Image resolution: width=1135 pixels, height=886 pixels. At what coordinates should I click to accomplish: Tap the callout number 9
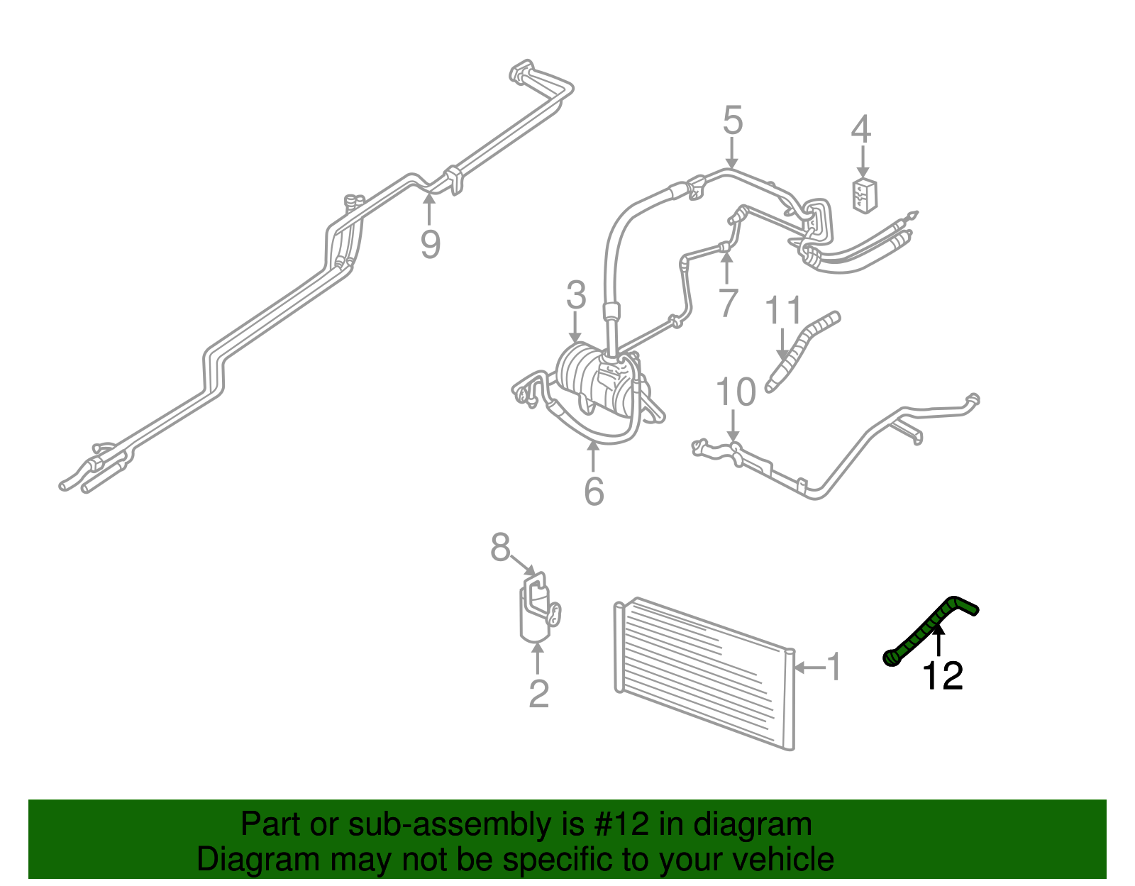[430, 244]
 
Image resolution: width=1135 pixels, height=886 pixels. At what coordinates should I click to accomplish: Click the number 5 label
[732, 121]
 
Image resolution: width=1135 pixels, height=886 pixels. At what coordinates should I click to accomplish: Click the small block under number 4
[864, 195]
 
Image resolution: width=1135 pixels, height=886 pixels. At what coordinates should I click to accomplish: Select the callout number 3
[576, 295]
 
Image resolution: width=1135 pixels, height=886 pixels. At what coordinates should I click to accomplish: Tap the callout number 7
[728, 304]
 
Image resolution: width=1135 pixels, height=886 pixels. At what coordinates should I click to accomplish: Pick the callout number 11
[783, 311]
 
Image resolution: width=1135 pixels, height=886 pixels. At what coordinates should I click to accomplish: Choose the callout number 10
[736, 392]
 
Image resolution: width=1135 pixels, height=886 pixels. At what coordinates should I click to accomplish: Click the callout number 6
[594, 491]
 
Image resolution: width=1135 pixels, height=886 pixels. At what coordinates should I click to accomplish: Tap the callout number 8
[500, 548]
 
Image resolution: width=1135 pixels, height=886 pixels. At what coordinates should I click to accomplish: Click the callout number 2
[538, 694]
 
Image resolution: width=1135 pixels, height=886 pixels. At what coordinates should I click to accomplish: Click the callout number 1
[834, 667]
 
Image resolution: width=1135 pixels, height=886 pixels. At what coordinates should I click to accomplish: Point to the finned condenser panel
[702, 674]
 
